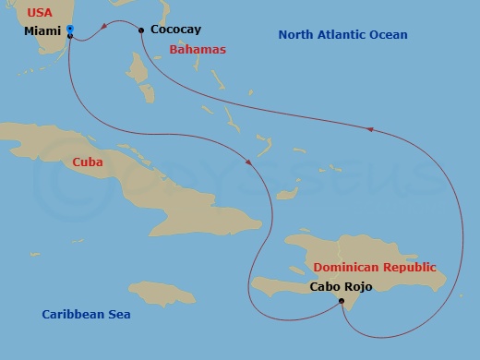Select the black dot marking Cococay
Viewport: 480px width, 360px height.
(x=140, y=30)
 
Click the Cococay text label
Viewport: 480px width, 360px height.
(x=175, y=30)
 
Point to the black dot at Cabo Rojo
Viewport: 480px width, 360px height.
(x=342, y=301)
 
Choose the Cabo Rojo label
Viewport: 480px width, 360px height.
(x=341, y=286)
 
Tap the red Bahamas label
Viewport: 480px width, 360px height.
(x=198, y=49)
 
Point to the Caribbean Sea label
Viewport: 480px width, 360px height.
(x=86, y=315)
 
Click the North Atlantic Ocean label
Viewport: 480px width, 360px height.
(x=342, y=35)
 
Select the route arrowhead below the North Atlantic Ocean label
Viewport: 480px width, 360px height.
(x=371, y=129)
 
